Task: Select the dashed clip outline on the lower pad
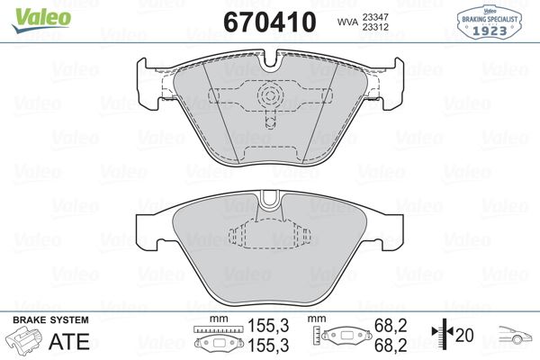click(271, 237)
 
